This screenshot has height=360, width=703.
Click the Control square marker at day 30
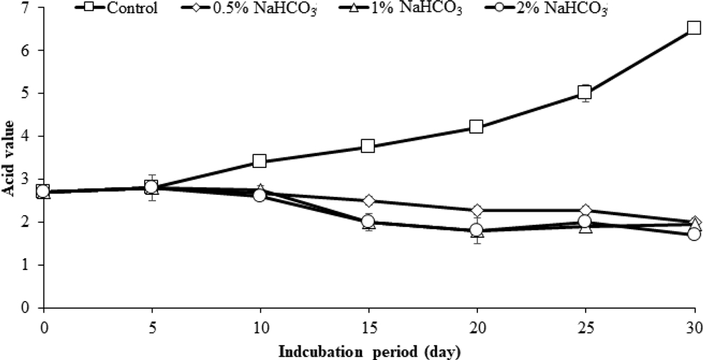click(693, 28)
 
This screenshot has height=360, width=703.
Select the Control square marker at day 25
click(584, 92)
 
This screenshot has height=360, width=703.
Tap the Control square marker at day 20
click(476, 127)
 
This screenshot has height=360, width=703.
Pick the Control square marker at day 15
click(367, 146)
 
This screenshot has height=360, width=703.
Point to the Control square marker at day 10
click(259, 161)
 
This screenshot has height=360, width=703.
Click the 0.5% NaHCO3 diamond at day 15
click(367, 201)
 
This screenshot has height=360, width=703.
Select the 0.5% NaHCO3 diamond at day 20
click(476, 210)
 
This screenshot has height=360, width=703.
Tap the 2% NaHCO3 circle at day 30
click(693, 234)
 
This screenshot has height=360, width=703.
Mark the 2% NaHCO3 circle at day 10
click(259, 195)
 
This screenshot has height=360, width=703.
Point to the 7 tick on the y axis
click(25, 8)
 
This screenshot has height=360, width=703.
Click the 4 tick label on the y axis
click(25, 136)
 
